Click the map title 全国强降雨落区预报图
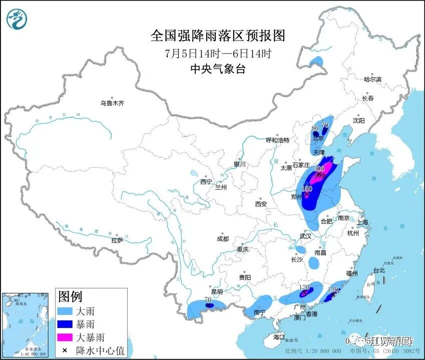pos(218,36)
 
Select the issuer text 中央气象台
pos(218,70)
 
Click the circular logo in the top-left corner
pos(17,19)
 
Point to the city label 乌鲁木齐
pos(112,103)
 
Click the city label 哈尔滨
pos(372,80)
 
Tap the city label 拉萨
pos(117,240)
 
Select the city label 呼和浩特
pos(277,140)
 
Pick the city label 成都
pos(223,239)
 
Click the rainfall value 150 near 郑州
pos(307,189)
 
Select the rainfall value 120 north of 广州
pos(304,287)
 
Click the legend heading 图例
pos(70,297)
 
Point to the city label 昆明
pos(217,291)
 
